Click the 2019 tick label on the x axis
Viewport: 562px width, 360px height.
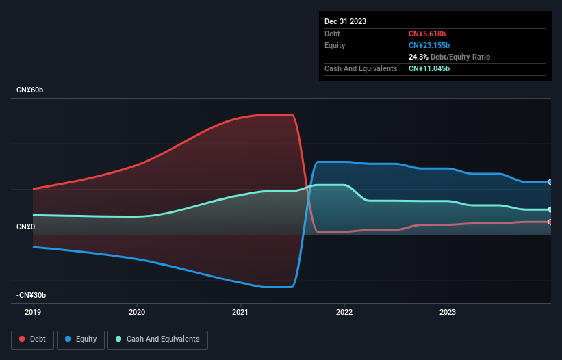(33, 312)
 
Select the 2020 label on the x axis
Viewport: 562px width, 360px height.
(137, 312)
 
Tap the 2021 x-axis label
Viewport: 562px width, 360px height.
(240, 312)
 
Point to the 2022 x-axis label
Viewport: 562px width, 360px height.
(344, 312)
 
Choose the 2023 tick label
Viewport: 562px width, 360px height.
(448, 312)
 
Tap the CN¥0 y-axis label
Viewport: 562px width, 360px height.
(25, 227)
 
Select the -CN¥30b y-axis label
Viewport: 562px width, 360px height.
(31, 295)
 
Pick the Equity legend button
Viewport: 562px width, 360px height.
(81, 339)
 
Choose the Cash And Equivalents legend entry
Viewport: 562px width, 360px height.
(157, 339)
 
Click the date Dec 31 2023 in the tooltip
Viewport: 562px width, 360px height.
(345, 21)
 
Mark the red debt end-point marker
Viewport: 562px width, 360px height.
(550, 222)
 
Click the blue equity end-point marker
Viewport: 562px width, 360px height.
(550, 182)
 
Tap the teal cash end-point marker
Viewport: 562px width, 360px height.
(550, 209)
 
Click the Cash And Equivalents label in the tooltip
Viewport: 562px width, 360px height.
(361, 68)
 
